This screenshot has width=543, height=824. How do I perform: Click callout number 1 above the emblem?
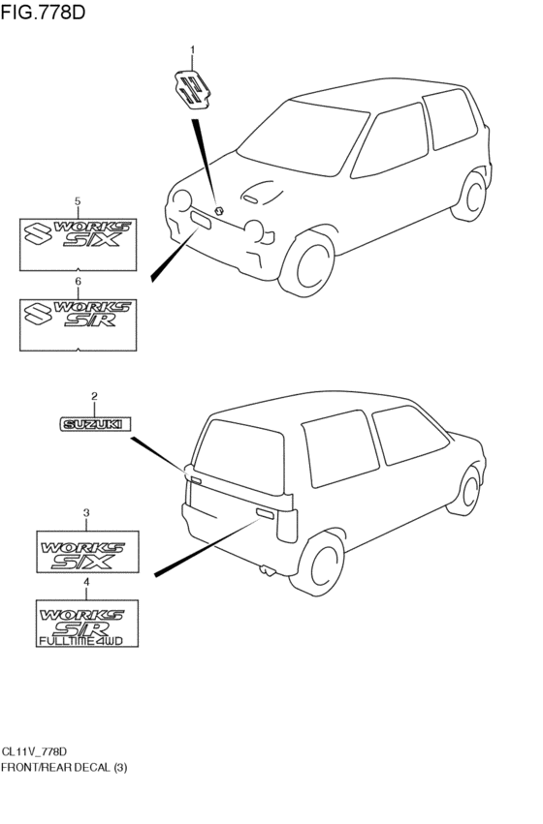pos(192,48)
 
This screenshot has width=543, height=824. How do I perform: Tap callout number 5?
pos(79,200)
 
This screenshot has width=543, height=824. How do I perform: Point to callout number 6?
pos(79,281)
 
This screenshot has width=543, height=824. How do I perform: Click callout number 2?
pos(94,396)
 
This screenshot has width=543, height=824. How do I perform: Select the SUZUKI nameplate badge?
pos(95,423)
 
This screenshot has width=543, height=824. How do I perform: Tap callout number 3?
pos(86,512)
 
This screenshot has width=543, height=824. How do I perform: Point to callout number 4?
pos(86,582)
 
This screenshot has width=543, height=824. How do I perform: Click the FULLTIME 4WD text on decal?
pos(86,640)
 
